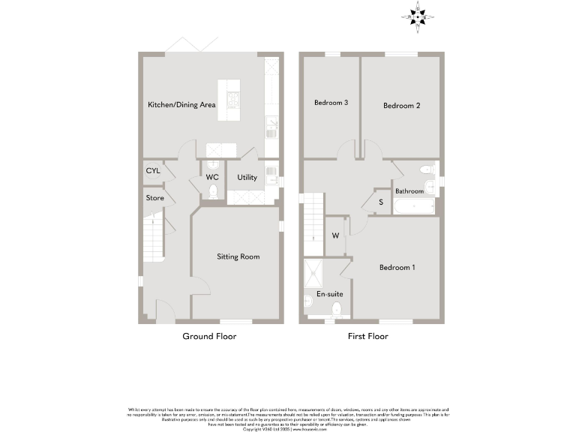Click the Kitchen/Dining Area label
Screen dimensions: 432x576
click(181, 105)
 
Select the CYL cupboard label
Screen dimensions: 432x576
click(153, 170)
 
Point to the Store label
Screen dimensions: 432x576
click(154, 198)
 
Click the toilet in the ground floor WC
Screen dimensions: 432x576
click(213, 191)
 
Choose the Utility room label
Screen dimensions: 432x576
click(247, 178)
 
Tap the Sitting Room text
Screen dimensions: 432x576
click(238, 256)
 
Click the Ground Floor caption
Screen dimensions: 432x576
click(209, 336)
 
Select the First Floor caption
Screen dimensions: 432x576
click(367, 336)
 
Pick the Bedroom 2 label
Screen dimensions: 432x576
click(401, 106)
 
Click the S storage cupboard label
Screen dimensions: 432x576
click(380, 202)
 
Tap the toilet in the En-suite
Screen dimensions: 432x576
click(336, 309)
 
